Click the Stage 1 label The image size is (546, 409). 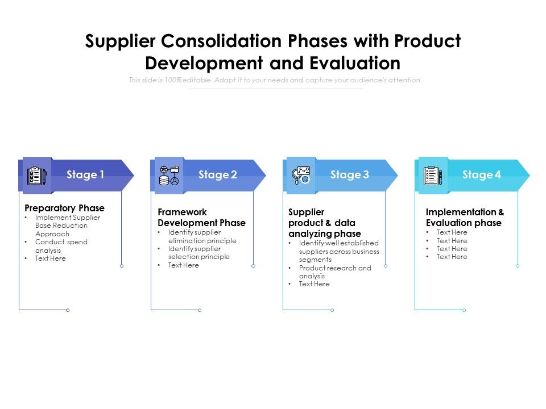tap(85, 175)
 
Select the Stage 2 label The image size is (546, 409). tap(217, 175)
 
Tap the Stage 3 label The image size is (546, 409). tap(349, 175)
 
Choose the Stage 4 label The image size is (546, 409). tap(481, 175)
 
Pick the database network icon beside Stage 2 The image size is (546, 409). tap(169, 176)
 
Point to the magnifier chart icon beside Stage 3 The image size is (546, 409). tap(301, 176)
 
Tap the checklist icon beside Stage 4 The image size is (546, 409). tap(433, 176)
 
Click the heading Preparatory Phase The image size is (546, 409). tap(65, 208)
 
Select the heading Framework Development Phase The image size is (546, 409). tap(201, 218)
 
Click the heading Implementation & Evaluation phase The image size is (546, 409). tap(465, 218)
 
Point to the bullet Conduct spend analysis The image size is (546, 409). tap(61, 246)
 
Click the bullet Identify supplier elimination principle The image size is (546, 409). tap(202, 236)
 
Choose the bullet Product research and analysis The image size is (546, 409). tap(334, 272)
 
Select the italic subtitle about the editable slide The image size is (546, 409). tap(275, 80)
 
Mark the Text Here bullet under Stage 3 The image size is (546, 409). tap(314, 284)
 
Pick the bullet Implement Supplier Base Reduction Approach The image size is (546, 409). tap(67, 226)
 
